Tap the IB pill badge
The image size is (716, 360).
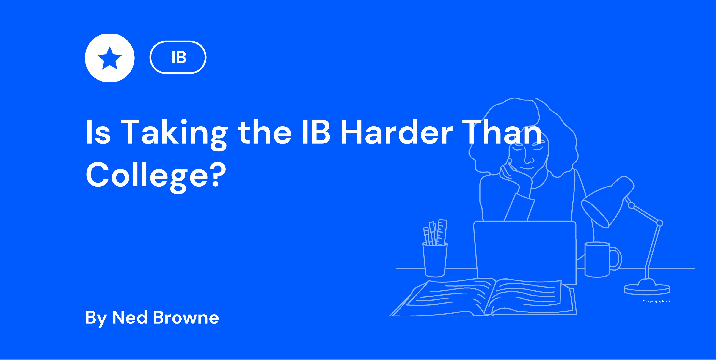point(178,57)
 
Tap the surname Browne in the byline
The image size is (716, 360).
point(186,318)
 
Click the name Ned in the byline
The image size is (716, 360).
point(130,318)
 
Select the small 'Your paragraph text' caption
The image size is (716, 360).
point(656,301)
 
